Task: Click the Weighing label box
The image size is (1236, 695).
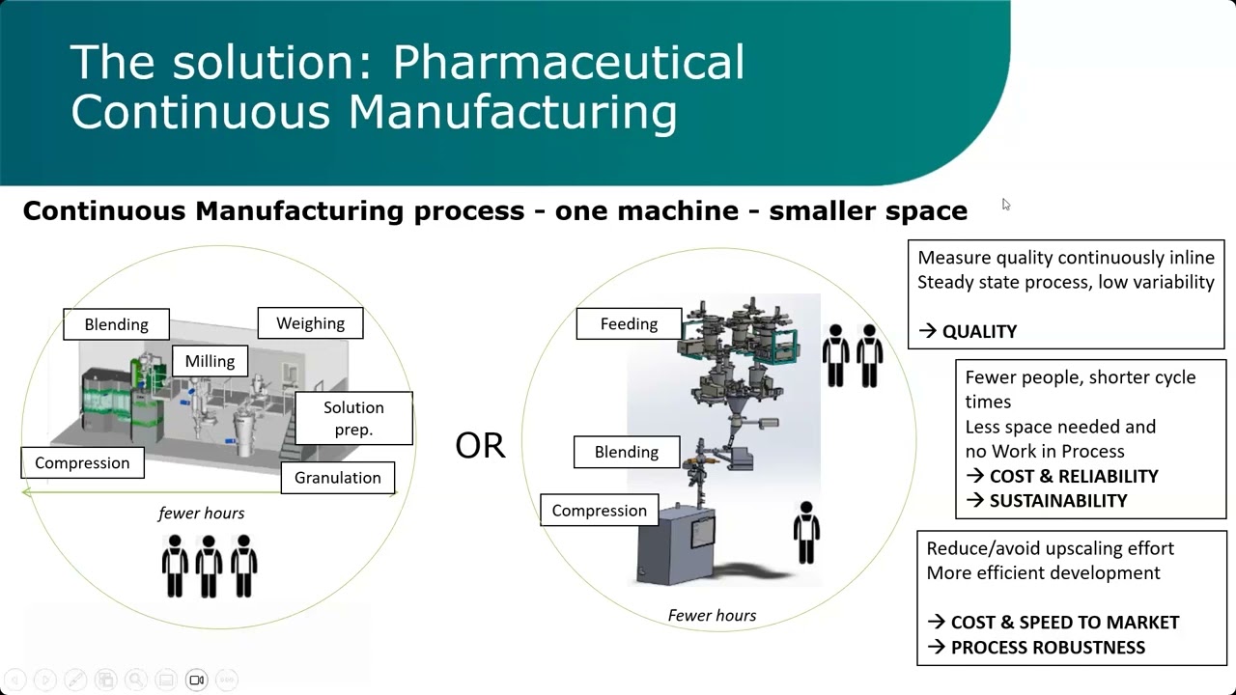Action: coord(310,323)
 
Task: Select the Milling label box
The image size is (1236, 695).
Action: coord(210,361)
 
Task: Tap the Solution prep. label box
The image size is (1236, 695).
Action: coord(353,418)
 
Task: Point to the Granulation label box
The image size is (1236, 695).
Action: coord(338,477)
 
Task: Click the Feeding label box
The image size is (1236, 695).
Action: coord(629,323)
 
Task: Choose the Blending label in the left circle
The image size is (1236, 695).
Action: coord(116,324)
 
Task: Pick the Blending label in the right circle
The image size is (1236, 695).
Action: coord(627,452)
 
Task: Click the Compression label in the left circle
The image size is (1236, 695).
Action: coord(82,462)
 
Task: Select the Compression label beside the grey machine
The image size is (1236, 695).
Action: coord(600,511)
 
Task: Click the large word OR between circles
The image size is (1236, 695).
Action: coord(480,446)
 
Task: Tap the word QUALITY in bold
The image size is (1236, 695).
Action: coord(979,331)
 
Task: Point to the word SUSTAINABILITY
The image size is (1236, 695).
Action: coord(1058,500)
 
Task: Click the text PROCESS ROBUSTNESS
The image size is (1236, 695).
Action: coord(1048,647)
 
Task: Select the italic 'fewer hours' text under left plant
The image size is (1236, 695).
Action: coord(201,513)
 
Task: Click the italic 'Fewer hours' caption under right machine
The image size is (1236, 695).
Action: coord(712,615)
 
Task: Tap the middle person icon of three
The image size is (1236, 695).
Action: coord(210,566)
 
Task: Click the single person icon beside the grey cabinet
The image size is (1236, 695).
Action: coord(806,532)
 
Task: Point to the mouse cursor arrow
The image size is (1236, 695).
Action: coord(1005,204)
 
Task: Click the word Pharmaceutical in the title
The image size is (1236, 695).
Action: coord(569,63)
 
